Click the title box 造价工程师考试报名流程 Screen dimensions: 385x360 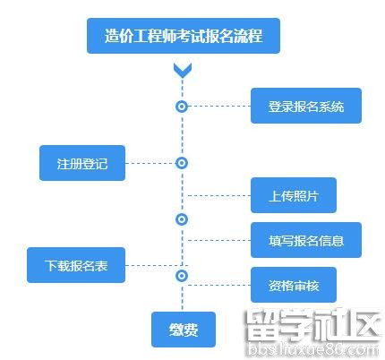(x=184, y=36)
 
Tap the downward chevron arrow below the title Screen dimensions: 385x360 (x=183, y=71)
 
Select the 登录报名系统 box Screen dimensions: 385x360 (x=306, y=106)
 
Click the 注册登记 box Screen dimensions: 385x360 (x=82, y=163)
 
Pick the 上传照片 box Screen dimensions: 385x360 (x=294, y=195)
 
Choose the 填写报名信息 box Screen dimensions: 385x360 (x=306, y=240)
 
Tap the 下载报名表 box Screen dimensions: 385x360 (x=76, y=265)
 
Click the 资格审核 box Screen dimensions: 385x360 (x=294, y=285)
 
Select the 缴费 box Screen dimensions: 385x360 (x=184, y=330)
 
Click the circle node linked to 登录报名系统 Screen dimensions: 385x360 (x=182, y=107)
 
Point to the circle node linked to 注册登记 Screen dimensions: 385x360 (x=182, y=163)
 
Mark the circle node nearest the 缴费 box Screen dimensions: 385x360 (x=182, y=276)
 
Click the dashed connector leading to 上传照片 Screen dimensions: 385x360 (x=219, y=195)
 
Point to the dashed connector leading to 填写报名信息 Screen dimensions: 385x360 (x=219, y=240)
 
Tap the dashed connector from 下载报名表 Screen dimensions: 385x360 (x=157, y=265)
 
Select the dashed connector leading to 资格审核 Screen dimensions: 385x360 (x=219, y=285)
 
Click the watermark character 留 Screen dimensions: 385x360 (x=263, y=325)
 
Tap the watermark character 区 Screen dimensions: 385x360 (x=365, y=325)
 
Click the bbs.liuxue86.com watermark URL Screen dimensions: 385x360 (x=313, y=349)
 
